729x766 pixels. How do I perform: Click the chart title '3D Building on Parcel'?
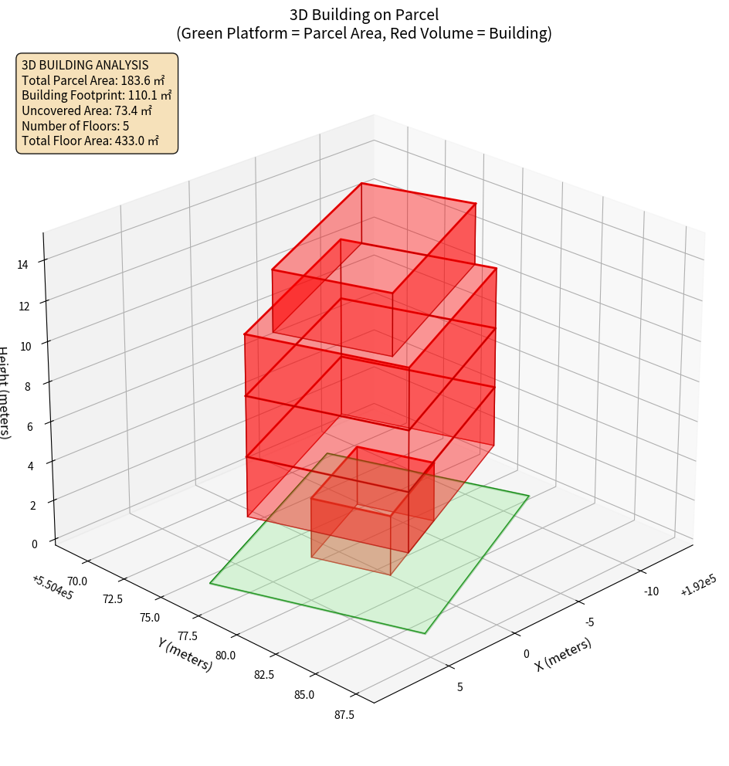(x=364, y=15)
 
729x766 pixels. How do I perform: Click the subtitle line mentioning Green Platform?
(x=364, y=33)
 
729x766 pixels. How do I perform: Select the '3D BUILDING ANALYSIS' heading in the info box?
(x=85, y=65)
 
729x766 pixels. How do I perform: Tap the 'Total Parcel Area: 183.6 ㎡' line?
(x=93, y=80)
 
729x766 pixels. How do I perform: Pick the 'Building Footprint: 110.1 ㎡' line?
(x=97, y=95)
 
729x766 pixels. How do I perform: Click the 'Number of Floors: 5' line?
(x=76, y=125)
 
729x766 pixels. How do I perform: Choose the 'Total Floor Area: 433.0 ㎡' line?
(x=90, y=141)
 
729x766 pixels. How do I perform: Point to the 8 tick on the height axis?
(x=29, y=385)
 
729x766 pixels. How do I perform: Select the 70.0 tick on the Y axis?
(x=78, y=580)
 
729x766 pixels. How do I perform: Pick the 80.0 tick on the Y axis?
(x=226, y=656)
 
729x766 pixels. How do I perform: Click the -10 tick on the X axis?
(x=651, y=591)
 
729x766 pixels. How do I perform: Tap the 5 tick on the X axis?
(x=460, y=686)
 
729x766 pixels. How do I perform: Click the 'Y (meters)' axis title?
(x=185, y=653)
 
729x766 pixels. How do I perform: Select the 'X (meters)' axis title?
(x=564, y=654)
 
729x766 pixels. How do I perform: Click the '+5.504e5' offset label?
(x=53, y=588)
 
